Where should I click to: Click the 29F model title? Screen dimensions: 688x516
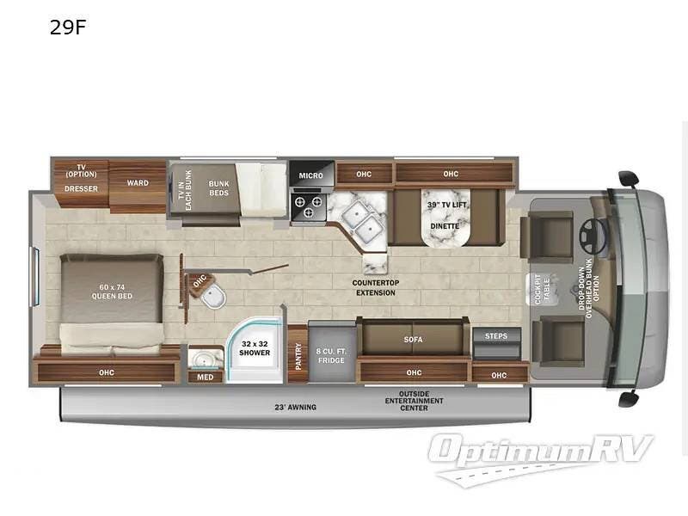coord(68,28)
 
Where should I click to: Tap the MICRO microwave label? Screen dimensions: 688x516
coord(310,175)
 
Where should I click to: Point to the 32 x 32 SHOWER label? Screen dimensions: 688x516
coord(255,348)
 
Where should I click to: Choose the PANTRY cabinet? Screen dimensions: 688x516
coord(298,354)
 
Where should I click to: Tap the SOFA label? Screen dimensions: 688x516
coord(414,340)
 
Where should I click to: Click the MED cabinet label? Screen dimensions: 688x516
coord(205,377)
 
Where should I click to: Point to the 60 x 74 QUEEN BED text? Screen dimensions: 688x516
coord(112,292)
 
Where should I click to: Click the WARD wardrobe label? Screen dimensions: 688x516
coord(138,183)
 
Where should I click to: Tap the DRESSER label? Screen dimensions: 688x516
coord(81,188)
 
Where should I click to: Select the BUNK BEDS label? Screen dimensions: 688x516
coord(219,188)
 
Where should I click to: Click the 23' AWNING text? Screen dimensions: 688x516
coord(295,407)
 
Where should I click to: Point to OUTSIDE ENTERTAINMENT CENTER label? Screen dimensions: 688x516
coord(415,401)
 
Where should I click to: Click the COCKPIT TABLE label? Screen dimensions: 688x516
coord(543,290)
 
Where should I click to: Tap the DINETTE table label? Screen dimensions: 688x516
coord(445,226)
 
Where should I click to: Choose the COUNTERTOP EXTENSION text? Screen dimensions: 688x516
coord(376,288)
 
